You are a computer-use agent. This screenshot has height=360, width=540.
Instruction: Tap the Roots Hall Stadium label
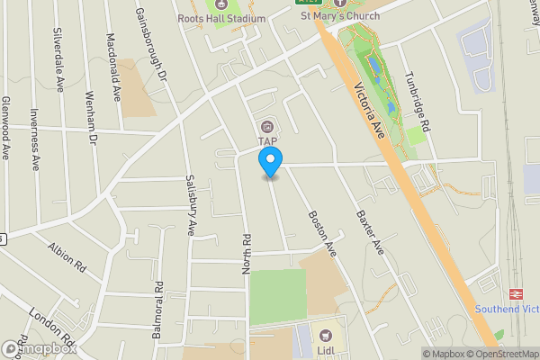coord(221,18)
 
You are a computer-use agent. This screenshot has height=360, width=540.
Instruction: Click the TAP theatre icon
coord(267,126)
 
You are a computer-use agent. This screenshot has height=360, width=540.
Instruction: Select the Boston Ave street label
coord(321,232)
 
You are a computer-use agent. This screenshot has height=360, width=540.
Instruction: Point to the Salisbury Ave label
coord(191,204)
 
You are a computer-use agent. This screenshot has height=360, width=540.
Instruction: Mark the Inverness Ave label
coord(34,139)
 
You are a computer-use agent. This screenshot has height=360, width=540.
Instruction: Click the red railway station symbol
coord(517,293)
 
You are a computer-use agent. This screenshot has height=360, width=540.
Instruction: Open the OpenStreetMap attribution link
coord(501,354)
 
